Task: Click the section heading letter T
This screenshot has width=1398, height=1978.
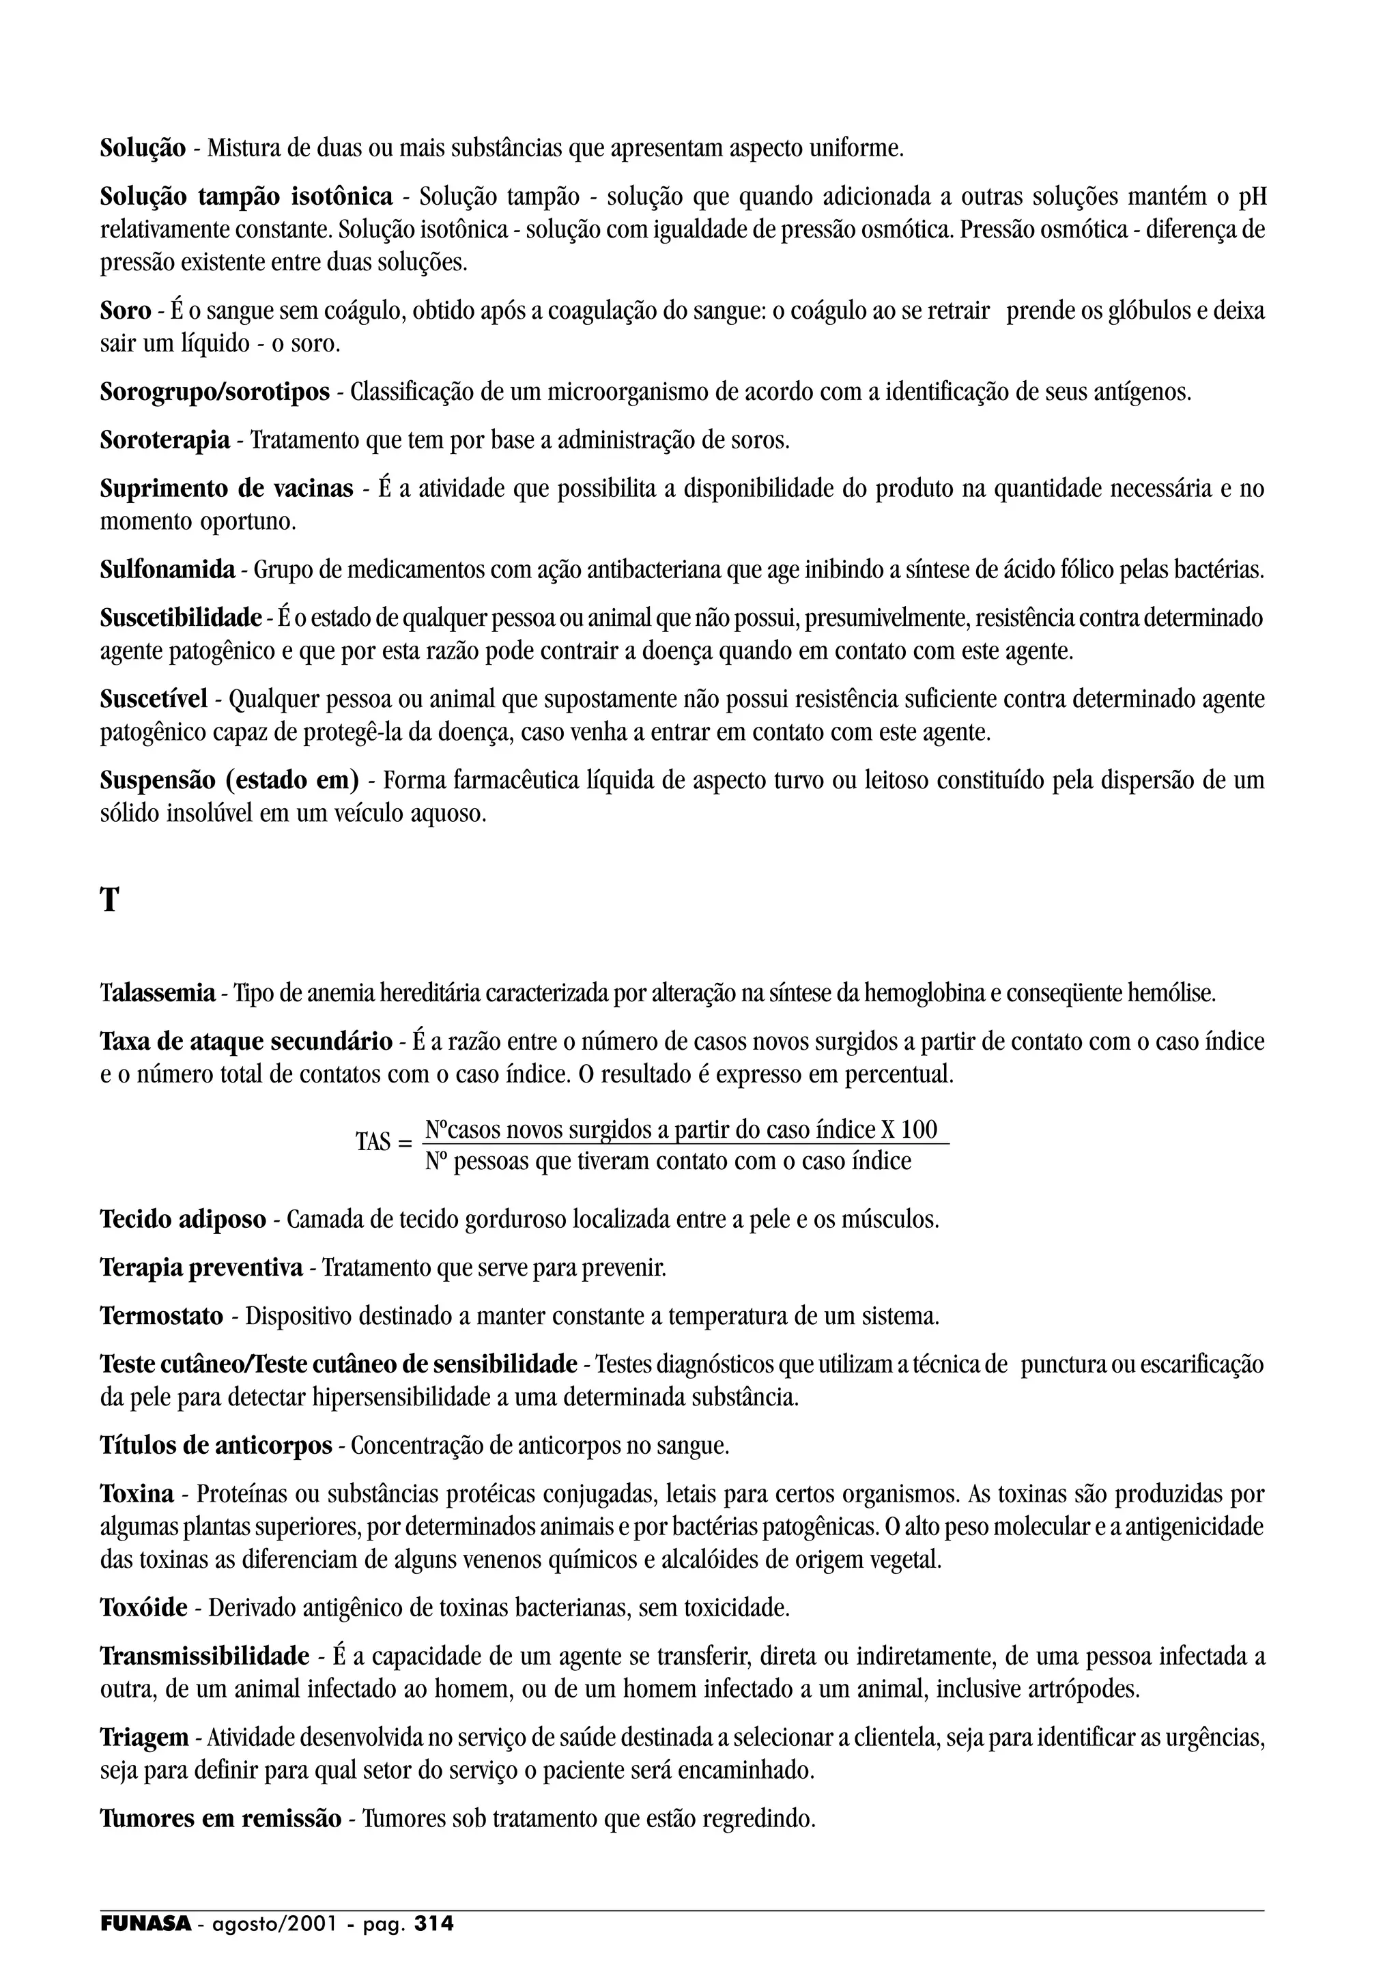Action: [109, 901]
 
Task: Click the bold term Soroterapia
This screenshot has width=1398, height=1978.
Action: [165, 441]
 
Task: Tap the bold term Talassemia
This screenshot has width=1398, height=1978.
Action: [158, 994]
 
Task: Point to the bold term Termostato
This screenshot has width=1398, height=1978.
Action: [161, 1317]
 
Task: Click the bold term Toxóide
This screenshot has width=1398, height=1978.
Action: [144, 1607]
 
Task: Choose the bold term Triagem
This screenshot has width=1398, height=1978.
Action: [144, 1738]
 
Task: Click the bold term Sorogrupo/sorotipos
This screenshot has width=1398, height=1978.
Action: [214, 393]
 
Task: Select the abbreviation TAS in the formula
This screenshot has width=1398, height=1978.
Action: [373, 1143]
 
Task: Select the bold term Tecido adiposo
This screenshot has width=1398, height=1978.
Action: [183, 1220]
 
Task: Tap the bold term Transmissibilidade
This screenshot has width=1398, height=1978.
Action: [204, 1656]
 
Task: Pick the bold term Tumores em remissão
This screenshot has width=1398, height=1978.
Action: [220, 1820]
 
